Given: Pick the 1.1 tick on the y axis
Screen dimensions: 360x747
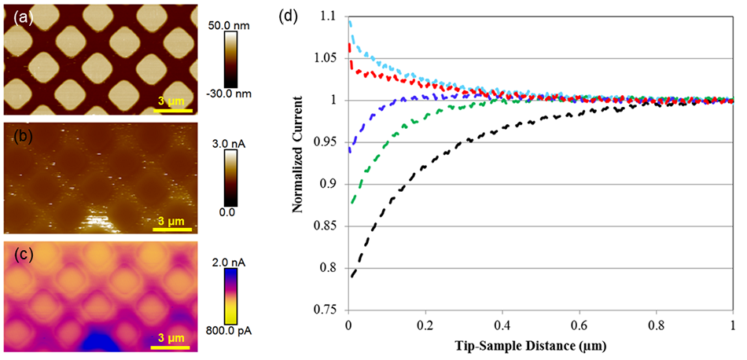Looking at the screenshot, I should (334, 16).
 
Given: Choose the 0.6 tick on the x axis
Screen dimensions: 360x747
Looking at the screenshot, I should (579, 325).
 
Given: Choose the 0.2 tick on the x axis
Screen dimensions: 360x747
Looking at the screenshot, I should (425, 325).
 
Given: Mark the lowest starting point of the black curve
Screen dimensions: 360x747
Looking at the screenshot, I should (352, 276).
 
